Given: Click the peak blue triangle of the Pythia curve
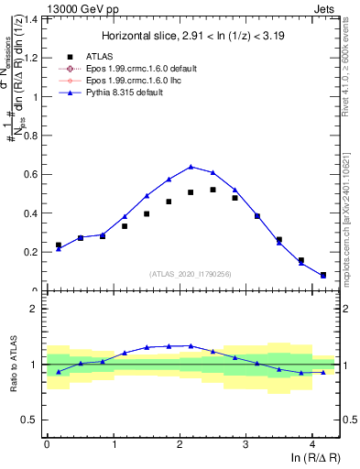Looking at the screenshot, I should pyautogui.click(x=191, y=167).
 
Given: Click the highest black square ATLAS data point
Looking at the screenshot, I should pyautogui.click(x=213, y=190).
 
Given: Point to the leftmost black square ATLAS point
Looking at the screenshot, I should pyautogui.click(x=59, y=245).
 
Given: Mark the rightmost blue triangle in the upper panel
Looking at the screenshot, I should pyautogui.click(x=323, y=276).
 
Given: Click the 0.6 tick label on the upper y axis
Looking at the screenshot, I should pyautogui.click(x=32, y=174).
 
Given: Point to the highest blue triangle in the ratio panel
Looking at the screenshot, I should pyautogui.click(x=191, y=345).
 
